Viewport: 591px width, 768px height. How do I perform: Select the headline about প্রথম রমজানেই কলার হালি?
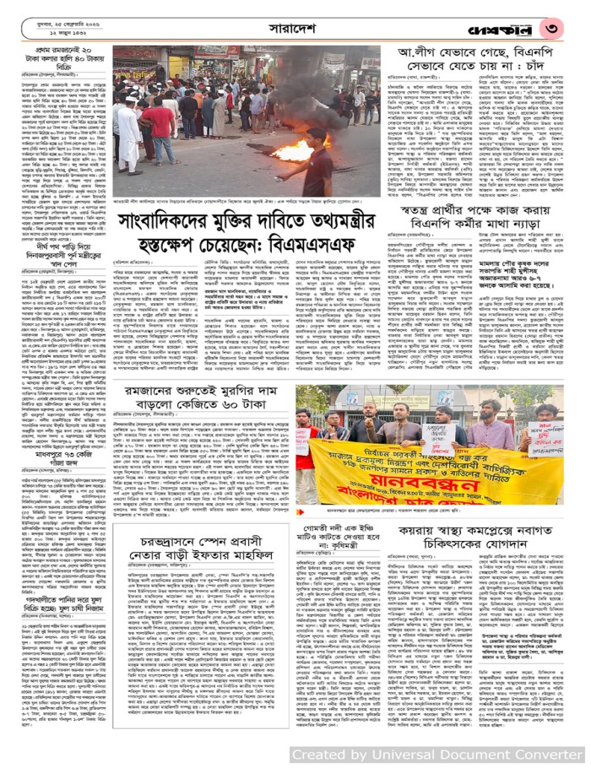[x=56, y=61]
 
